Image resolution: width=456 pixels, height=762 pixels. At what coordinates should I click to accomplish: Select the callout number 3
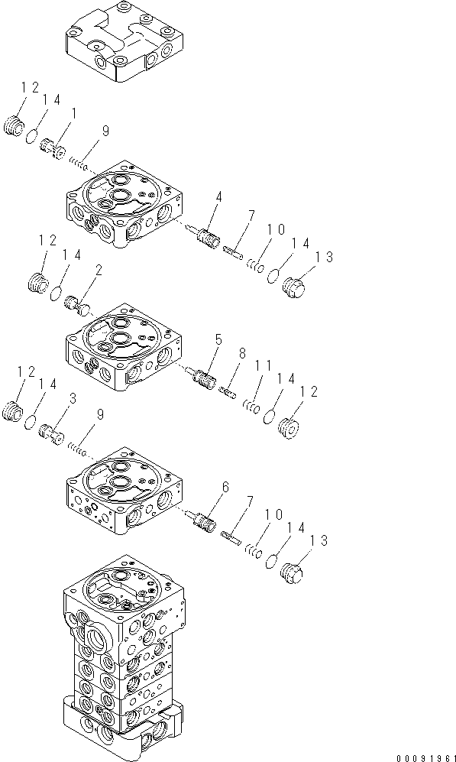pos(73,398)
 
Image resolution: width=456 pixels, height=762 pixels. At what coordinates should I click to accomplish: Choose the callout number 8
pos(242,354)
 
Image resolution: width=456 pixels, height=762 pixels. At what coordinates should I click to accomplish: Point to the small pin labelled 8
pos(227,392)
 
